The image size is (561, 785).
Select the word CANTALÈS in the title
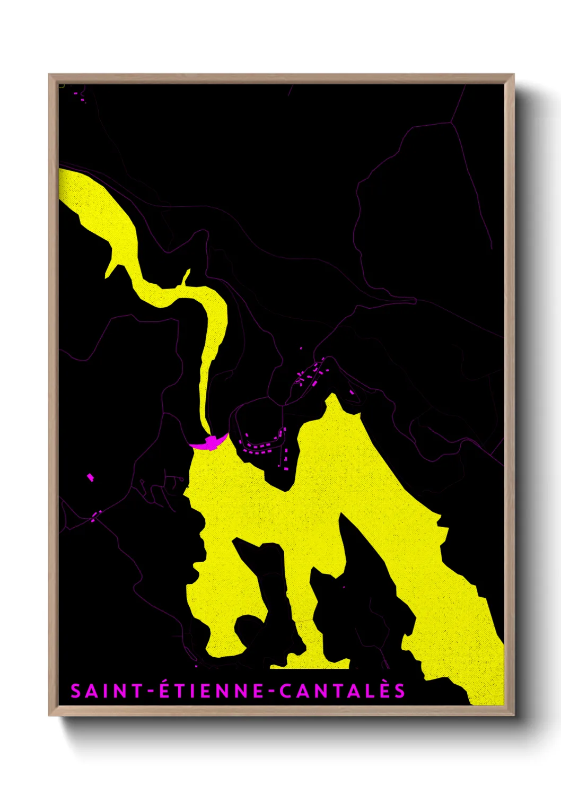(343, 691)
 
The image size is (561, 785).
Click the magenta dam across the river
(211, 441)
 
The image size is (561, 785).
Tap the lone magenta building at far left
(90, 477)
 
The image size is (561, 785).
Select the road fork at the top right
(451, 123)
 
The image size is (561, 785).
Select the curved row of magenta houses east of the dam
(262, 446)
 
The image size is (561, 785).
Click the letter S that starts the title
(76, 691)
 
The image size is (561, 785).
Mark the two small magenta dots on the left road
(95, 516)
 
